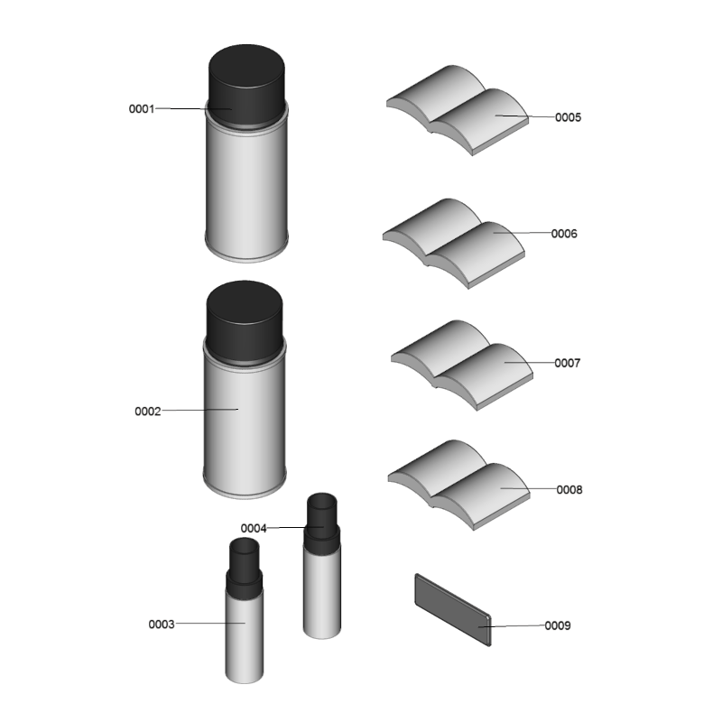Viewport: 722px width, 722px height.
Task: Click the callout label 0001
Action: coord(142,109)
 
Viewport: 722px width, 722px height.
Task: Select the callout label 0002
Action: coord(148,412)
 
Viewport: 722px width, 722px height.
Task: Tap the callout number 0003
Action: coord(162,625)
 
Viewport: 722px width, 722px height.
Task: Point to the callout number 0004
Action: coord(254,528)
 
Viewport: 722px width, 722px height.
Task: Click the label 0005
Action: coord(569,117)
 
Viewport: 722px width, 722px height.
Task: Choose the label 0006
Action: coord(564,234)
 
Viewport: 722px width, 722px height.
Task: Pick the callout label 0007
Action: coord(568,364)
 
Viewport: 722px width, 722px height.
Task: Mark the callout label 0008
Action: coord(569,490)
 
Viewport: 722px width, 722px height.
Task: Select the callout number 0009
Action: coord(558,625)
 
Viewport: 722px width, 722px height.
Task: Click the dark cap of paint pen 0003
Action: coord(244,568)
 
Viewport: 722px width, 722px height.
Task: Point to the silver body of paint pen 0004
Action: coord(322,594)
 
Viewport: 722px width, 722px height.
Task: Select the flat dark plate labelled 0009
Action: coord(453,610)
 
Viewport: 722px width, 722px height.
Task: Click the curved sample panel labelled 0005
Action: coord(458,110)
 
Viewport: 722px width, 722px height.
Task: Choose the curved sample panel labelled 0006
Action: coord(454,244)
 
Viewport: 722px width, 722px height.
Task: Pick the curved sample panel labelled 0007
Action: coord(462,366)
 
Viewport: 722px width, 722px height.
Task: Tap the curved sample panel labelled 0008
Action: coord(458,485)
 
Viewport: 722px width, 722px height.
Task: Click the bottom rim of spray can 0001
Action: coord(246,255)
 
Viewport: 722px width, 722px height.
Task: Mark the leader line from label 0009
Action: coord(512,626)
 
